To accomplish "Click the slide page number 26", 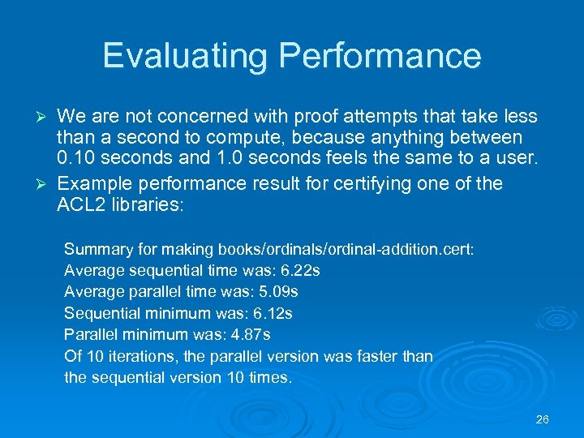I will pyautogui.click(x=543, y=419).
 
